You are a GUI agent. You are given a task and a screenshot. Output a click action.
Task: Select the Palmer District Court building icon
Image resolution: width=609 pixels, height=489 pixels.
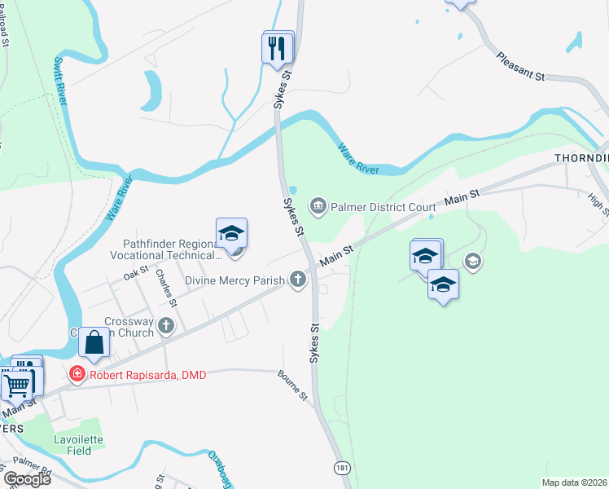(318, 205)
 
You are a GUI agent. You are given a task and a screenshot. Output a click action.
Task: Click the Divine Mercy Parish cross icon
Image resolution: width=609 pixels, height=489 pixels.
(298, 280)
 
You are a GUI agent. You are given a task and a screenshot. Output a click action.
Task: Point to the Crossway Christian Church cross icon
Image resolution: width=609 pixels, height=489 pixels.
(166, 328)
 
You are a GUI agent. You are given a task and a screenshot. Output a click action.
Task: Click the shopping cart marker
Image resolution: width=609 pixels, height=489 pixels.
(15, 383)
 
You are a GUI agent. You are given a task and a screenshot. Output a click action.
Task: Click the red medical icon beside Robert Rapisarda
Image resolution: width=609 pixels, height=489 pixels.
(77, 375)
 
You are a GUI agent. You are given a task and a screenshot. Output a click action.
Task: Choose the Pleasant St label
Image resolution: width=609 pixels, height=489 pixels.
(519, 66)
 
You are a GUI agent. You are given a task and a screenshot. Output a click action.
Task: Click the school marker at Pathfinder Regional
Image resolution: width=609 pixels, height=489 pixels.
(231, 235)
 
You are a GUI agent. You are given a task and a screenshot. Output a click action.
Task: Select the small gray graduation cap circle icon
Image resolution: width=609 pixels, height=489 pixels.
(472, 262)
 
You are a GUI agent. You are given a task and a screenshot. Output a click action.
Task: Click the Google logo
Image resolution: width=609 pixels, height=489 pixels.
(27, 478)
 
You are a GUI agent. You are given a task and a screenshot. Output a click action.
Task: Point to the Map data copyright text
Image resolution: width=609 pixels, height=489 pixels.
(575, 482)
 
